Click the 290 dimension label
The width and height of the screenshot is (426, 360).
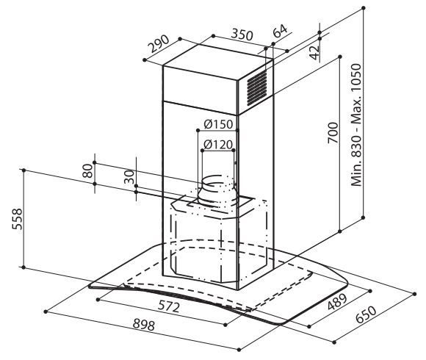[x=159, y=44]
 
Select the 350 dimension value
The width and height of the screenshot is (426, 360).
[x=242, y=35]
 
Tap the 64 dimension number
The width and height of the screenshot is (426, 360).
[x=280, y=31]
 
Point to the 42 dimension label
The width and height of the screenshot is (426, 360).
[x=314, y=52]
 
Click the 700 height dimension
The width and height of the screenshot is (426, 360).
[x=333, y=133]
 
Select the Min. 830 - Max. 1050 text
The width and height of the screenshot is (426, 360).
[x=356, y=125]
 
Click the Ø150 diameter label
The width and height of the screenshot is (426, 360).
[x=218, y=124]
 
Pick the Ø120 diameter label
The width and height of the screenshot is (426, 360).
[x=218, y=145]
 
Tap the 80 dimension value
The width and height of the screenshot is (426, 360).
[x=87, y=170]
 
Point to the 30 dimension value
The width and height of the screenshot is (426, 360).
[x=129, y=177]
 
